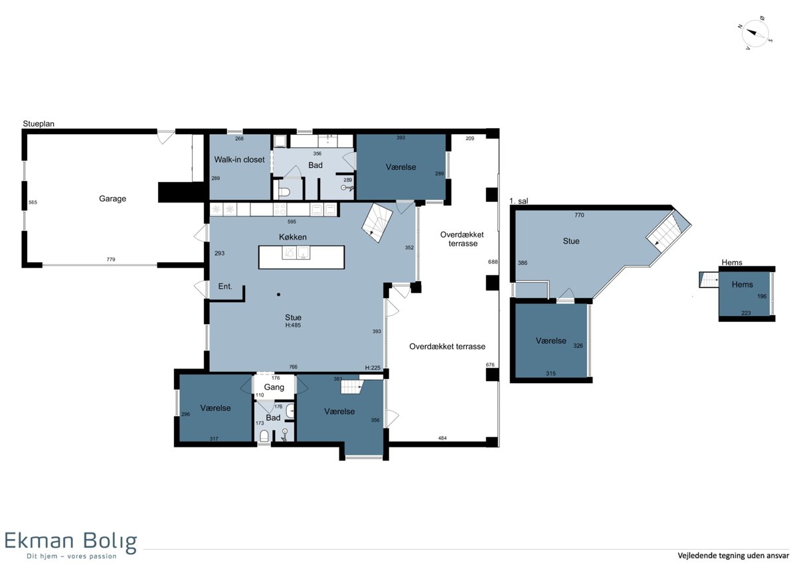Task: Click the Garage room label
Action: click(x=112, y=199)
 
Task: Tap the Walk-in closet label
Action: click(x=239, y=160)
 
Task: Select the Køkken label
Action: click(x=292, y=237)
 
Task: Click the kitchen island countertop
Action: click(x=302, y=257)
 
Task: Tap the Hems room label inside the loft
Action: click(x=743, y=285)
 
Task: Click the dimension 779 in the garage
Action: click(x=111, y=260)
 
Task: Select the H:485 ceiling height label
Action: click(x=293, y=325)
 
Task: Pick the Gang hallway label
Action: click(x=274, y=387)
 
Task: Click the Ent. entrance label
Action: click(x=225, y=286)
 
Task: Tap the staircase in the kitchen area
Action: click(x=377, y=222)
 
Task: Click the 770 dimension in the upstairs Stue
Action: click(x=579, y=215)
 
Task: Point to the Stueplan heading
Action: click(x=39, y=123)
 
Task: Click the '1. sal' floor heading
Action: click(x=519, y=201)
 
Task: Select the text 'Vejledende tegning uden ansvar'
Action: click(x=733, y=555)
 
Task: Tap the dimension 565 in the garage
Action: click(x=33, y=202)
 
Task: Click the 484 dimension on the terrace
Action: click(x=442, y=438)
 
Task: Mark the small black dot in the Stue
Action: click(x=278, y=295)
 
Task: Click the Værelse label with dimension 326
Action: click(x=551, y=341)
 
